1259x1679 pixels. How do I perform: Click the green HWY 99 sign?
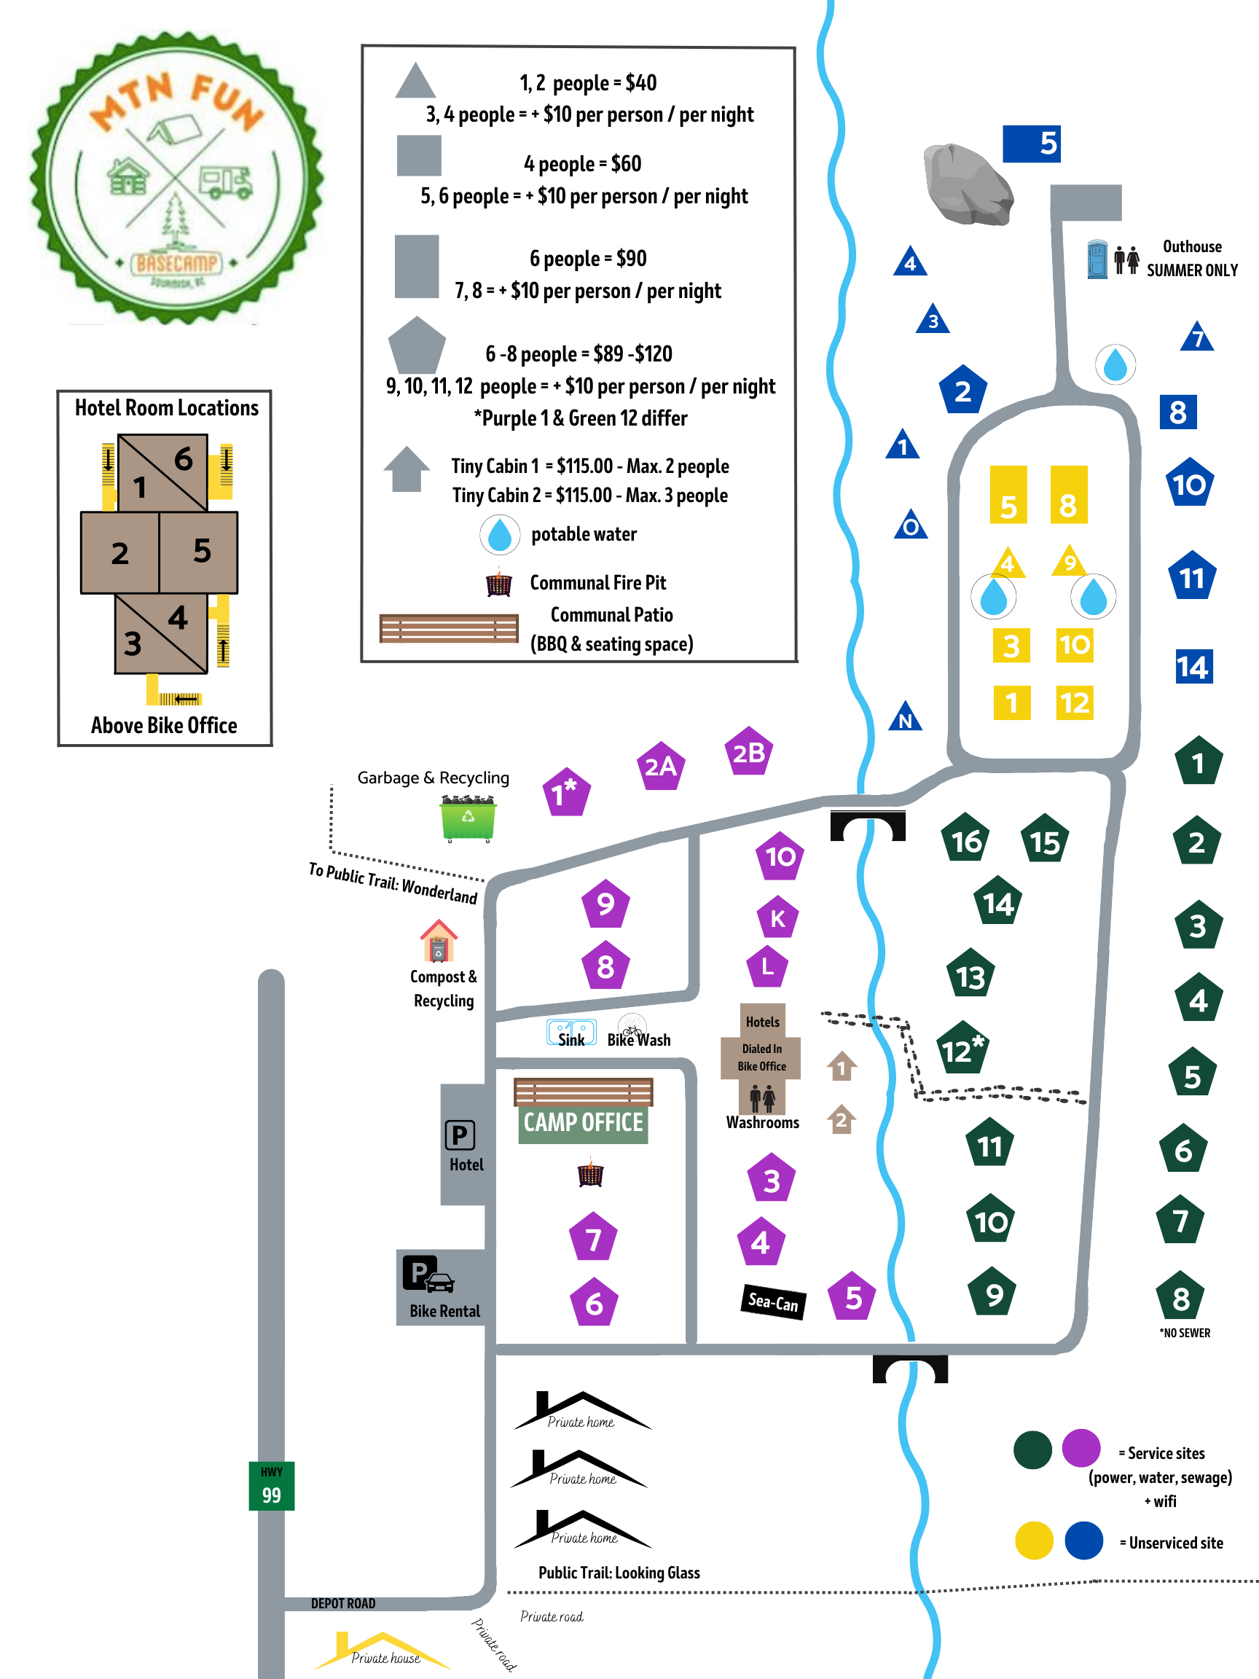click(271, 1485)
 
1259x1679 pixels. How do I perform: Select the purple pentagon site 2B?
click(748, 752)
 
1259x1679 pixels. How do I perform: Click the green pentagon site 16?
click(965, 839)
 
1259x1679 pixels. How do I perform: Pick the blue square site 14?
click(1193, 667)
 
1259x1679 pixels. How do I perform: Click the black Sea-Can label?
click(772, 1302)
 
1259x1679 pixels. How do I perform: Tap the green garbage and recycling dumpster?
click(468, 818)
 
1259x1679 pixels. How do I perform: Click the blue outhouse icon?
click(1097, 259)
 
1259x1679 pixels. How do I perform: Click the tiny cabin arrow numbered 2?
click(841, 1119)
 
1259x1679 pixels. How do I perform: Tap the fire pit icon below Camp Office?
click(590, 1173)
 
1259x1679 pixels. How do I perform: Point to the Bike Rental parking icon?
click(428, 1275)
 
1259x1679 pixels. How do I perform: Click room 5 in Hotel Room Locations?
click(200, 552)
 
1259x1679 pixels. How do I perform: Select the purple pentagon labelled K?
click(777, 918)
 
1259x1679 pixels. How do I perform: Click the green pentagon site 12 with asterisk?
click(961, 1049)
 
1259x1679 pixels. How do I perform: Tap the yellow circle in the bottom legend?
click(1034, 1541)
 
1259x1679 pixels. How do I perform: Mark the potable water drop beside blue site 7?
click(1115, 365)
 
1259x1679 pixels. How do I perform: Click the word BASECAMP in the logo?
click(176, 263)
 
